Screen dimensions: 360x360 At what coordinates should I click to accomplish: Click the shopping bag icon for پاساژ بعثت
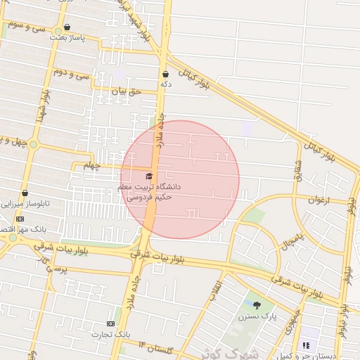tap(67, 27)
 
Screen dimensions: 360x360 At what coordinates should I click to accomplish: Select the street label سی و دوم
tap(73, 74)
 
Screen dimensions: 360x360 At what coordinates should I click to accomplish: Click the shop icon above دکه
tap(165, 74)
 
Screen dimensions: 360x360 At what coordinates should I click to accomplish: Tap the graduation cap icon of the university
tap(148, 175)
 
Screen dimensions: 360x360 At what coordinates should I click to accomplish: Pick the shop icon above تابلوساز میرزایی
tap(25, 193)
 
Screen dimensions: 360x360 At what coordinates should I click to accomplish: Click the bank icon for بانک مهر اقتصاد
tap(20, 219)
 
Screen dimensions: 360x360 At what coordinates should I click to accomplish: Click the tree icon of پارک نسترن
tap(257, 305)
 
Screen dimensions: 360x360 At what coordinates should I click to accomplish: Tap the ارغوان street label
tap(319, 200)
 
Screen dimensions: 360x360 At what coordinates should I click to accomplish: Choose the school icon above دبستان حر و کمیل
tap(305, 345)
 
